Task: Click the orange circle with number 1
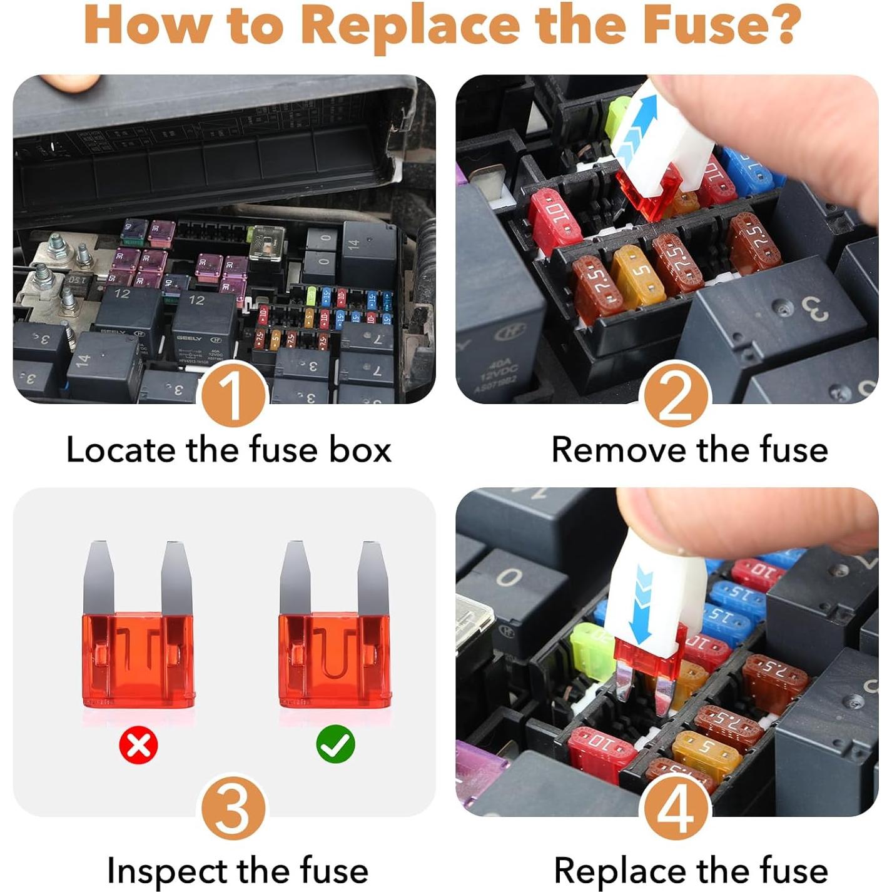[x=233, y=395]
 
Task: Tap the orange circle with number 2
[x=676, y=395]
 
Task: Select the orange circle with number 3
[x=233, y=808]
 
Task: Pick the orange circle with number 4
[x=676, y=808]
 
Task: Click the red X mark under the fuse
[x=138, y=745]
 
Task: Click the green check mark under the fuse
[x=335, y=744]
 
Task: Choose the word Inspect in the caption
[x=167, y=871]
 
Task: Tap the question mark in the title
[x=783, y=24]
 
